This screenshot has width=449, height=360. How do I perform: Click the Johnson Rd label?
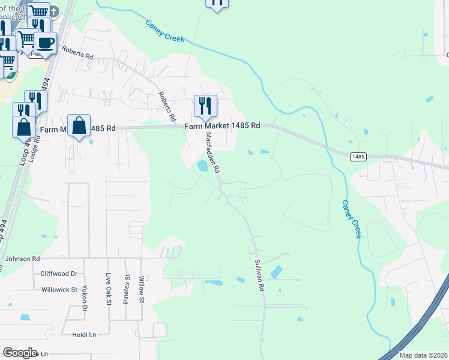(22, 259)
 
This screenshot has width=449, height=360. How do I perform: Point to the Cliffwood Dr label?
(59, 274)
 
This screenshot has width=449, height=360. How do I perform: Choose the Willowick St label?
(60, 289)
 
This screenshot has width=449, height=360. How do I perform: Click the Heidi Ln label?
(84, 334)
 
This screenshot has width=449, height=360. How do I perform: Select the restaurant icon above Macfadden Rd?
(205, 106)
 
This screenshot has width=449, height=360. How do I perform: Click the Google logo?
(20, 353)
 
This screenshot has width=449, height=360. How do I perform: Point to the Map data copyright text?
(423, 355)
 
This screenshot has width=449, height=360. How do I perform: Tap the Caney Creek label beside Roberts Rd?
(165, 31)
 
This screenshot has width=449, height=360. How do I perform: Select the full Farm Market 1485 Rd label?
(222, 126)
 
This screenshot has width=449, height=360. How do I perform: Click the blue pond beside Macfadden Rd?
(203, 166)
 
